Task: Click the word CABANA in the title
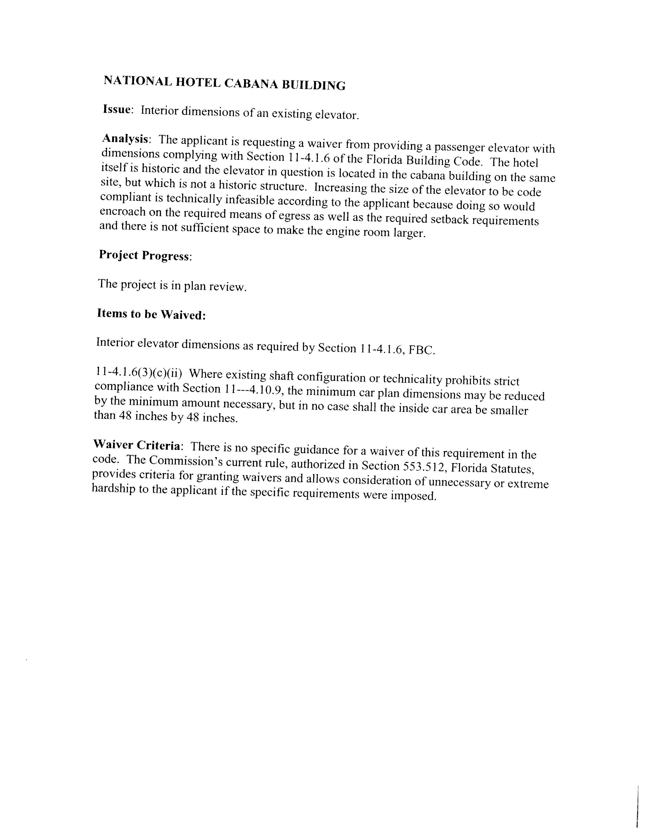coord(251,83)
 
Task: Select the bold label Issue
coord(117,109)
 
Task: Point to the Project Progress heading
coord(145,255)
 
